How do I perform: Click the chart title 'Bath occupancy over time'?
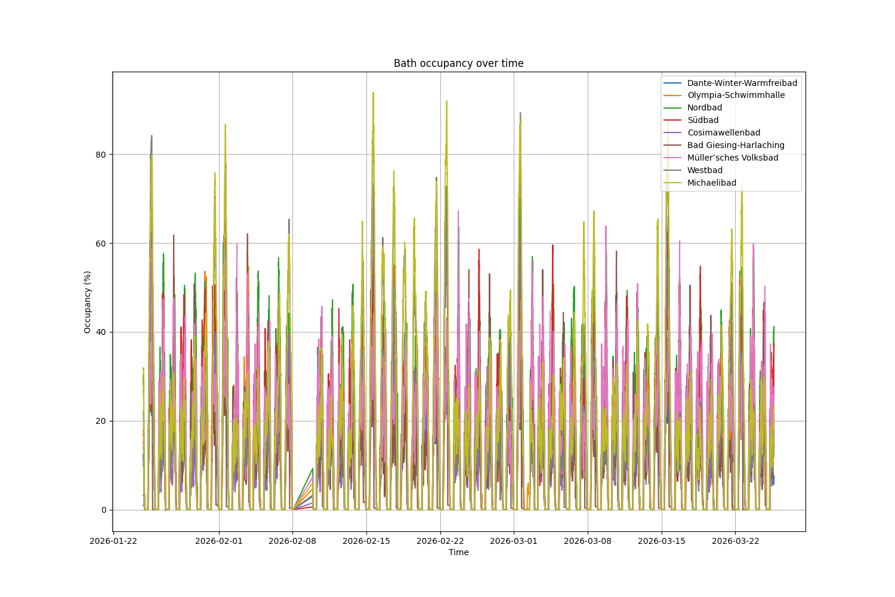458,63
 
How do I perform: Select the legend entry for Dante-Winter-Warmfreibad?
742,83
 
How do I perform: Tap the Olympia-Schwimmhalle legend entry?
736,96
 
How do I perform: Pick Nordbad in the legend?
704,108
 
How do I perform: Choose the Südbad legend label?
702,121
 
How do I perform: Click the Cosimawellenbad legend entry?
723,133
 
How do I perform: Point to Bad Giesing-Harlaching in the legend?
735,146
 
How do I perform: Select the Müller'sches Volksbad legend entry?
732,158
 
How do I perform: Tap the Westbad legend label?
704,171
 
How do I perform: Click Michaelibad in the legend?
711,183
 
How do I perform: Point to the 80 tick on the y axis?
101,155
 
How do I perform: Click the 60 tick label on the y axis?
101,244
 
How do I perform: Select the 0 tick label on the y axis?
103,510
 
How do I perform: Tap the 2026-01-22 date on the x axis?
114,541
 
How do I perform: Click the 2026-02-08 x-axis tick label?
292,541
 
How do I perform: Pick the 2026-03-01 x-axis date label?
514,541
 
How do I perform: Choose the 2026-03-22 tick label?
735,541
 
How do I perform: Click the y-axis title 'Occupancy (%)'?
88,301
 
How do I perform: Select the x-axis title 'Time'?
458,553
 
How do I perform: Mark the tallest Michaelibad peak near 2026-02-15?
373,93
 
